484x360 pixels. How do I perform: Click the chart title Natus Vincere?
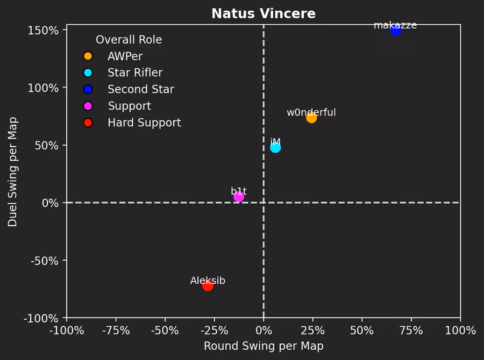coord(263,14)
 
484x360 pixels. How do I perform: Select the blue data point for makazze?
coord(395,31)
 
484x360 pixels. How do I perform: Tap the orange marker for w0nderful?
coord(311,118)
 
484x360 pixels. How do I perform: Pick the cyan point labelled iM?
coord(275,147)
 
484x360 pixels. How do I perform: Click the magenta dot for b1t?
coord(239,197)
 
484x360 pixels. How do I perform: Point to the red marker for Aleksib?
coord(208,285)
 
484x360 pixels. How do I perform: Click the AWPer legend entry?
coord(124,56)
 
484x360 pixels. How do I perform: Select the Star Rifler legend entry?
coord(134,73)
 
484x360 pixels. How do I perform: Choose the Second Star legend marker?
coord(88,90)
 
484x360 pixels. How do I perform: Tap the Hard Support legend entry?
coord(144,123)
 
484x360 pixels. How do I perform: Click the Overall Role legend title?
coord(129,40)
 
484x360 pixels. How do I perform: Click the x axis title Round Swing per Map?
coord(264,347)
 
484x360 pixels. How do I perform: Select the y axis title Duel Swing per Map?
coord(13,172)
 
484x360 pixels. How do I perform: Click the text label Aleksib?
coord(208,281)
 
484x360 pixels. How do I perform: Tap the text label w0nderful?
coord(311,113)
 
